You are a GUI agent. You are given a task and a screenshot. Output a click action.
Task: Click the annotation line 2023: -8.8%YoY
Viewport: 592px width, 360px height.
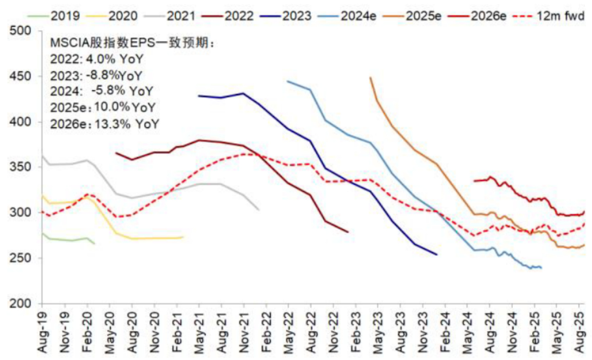tap(96, 75)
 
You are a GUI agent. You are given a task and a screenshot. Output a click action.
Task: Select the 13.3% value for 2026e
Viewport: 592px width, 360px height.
tap(108, 123)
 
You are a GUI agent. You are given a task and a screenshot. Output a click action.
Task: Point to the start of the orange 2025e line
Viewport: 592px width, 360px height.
tap(370, 78)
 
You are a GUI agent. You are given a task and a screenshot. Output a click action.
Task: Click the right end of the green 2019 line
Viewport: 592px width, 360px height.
tap(95, 243)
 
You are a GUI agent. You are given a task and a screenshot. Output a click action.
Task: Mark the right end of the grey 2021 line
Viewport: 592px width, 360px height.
tap(259, 210)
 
